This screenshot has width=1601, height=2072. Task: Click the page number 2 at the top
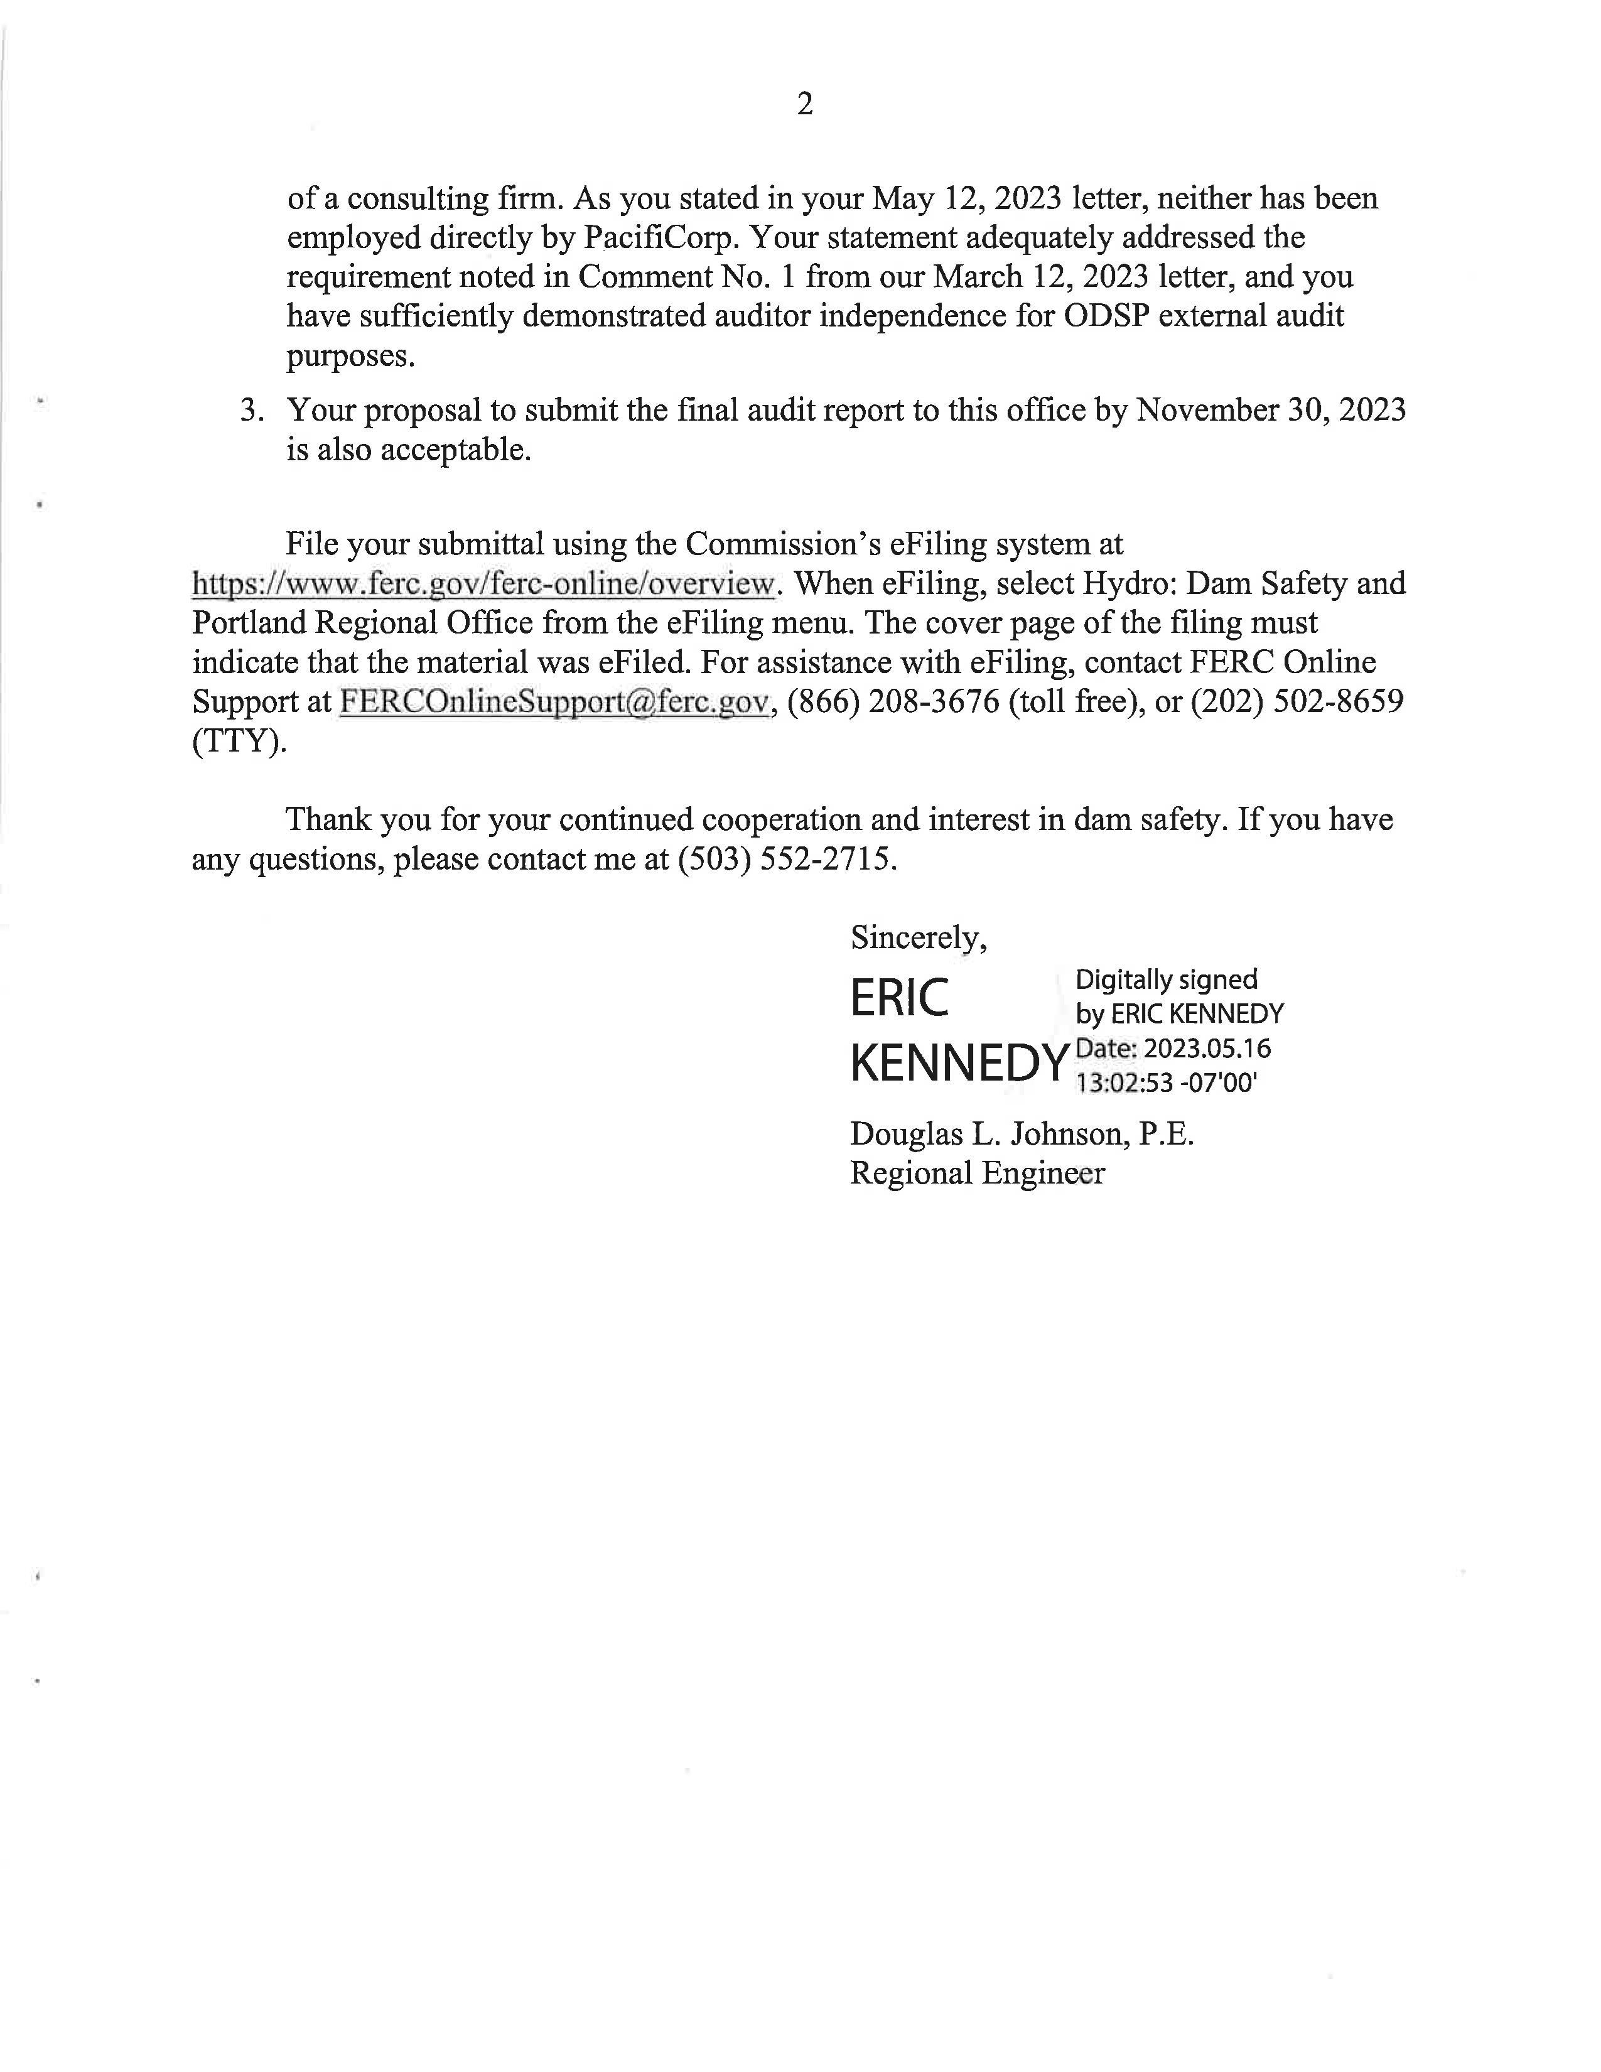[x=804, y=104]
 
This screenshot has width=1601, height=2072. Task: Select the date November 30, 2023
[x=1271, y=410]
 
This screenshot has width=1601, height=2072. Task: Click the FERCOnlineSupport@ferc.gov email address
[x=553, y=702]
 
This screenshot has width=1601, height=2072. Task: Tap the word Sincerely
[x=918, y=937]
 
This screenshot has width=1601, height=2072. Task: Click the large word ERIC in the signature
[x=899, y=999]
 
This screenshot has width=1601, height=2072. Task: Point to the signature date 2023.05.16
[x=1207, y=1049]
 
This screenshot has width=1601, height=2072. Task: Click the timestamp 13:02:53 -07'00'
[x=1166, y=1082]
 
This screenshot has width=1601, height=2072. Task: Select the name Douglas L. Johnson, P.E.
[x=1022, y=1134]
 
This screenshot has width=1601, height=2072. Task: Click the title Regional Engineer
[x=977, y=1174]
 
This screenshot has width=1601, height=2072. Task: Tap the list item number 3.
[x=251, y=411]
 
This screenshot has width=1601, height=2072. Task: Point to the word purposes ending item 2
[x=351, y=357]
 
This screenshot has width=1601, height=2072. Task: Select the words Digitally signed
[x=1166, y=980]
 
